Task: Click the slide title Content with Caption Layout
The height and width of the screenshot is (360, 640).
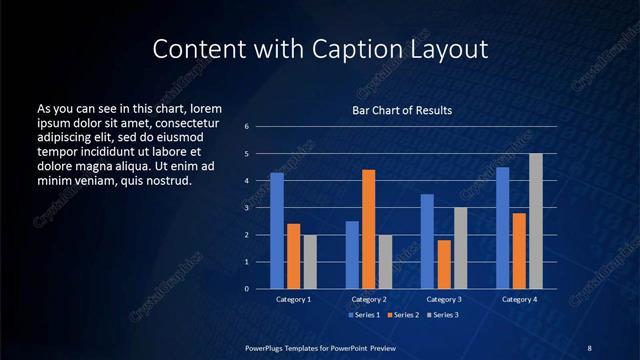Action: pyautogui.click(x=320, y=49)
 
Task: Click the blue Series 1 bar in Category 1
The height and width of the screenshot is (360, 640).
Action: pyautogui.click(x=277, y=231)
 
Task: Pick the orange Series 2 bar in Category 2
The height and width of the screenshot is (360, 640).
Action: pyautogui.click(x=368, y=229)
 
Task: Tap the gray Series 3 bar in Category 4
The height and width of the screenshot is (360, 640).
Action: pyautogui.click(x=536, y=221)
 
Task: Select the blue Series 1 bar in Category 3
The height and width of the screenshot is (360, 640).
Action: pyautogui.click(x=427, y=241)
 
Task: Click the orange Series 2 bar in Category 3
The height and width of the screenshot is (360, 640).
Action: pyautogui.click(x=444, y=264)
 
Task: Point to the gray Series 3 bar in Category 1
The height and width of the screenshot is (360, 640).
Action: pyautogui.click(x=310, y=261)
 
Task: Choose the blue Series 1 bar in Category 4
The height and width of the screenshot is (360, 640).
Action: pyautogui.click(x=502, y=228)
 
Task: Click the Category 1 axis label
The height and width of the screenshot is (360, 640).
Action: pyautogui.click(x=293, y=299)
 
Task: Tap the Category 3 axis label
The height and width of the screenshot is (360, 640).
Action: pyautogui.click(x=443, y=299)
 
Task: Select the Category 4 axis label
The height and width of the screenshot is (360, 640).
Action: pyautogui.click(x=519, y=299)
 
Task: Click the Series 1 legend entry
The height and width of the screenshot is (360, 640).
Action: pyautogui.click(x=364, y=315)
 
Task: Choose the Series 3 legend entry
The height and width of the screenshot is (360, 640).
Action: pyautogui.click(x=443, y=315)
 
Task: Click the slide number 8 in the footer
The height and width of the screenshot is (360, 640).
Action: pyautogui.click(x=589, y=347)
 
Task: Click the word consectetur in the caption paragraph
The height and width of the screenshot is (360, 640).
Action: pyautogui.click(x=186, y=122)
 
